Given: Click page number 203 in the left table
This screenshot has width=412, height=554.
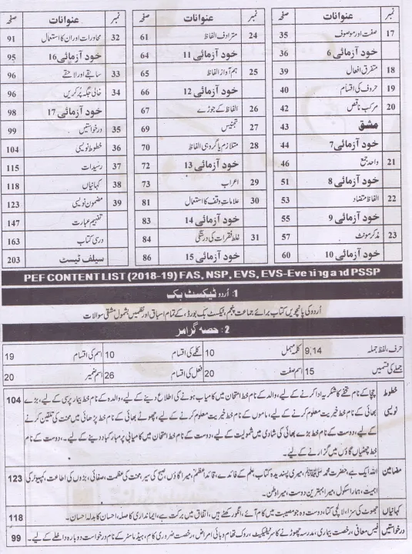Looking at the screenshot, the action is (13, 259).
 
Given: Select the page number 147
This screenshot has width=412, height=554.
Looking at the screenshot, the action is (13, 222).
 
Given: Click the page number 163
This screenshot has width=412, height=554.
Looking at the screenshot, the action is (13, 240).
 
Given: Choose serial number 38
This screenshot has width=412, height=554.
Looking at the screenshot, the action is (117, 185).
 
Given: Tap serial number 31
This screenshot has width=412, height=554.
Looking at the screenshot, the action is (253, 239).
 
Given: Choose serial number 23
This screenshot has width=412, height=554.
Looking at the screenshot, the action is (392, 235).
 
